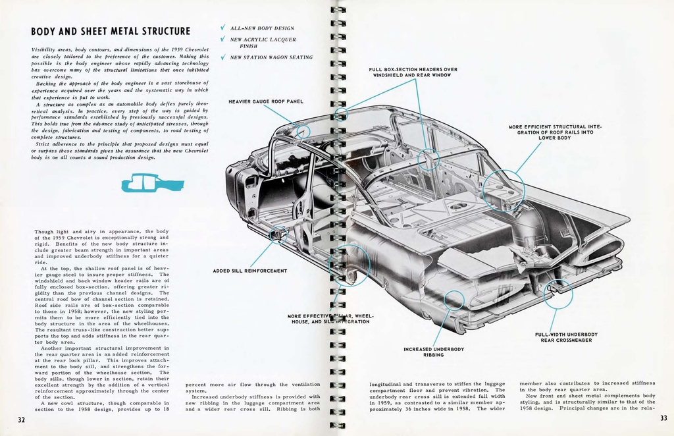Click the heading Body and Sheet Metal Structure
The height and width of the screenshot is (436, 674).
pos(111,32)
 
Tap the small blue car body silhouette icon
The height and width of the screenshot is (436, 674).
pos(152,182)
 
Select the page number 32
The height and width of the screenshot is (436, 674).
pos(21,420)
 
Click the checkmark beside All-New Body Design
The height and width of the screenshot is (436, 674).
pos(223,28)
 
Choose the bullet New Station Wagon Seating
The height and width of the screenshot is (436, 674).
pos(271,57)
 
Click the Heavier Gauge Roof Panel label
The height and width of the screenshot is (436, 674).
pos(266,101)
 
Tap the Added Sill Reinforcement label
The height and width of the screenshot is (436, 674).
pos(249,271)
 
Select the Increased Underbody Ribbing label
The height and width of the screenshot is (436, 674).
pos(433,352)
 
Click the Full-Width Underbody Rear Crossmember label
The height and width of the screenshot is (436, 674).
pos(566,337)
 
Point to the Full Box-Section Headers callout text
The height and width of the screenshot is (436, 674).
pos(413,72)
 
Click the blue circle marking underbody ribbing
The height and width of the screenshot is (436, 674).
pos(454,300)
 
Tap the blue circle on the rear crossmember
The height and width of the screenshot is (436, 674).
pos(558,294)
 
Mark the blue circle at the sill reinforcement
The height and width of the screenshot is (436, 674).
pos(279,233)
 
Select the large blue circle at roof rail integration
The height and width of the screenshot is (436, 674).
pos(504,190)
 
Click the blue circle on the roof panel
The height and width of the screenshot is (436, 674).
pos(302,131)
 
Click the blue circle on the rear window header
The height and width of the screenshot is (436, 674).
pos(428,159)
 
